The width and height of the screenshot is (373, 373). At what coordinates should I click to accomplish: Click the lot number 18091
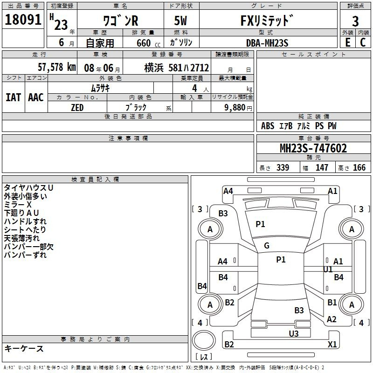point(23,20)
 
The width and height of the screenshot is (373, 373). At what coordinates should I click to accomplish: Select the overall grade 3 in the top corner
point(355,21)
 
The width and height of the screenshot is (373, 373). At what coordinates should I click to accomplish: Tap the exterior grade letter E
point(348,42)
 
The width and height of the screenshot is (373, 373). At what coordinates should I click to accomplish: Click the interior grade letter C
point(363,42)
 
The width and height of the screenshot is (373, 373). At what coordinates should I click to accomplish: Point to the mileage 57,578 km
point(57,67)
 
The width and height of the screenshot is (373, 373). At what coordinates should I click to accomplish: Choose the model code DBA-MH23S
point(267,43)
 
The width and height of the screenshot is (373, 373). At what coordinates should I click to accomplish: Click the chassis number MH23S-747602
point(313,148)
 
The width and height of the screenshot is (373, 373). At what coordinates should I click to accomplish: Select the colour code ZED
point(77,108)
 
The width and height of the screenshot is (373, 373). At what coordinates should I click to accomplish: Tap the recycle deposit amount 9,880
point(235,108)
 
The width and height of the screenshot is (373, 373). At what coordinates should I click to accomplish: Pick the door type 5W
point(180,21)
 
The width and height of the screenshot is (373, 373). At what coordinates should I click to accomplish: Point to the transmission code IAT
point(13,97)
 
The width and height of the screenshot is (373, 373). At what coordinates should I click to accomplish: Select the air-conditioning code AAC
point(36,97)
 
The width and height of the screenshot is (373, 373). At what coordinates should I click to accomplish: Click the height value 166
point(359,167)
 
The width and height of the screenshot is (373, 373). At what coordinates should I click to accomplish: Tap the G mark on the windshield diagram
point(267,246)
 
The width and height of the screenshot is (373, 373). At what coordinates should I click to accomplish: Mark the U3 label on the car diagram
point(294,333)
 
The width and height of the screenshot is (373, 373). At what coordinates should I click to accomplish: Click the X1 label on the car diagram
point(332,344)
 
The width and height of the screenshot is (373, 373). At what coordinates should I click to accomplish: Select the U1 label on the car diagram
point(328,269)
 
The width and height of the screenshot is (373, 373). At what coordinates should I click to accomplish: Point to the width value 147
point(322,167)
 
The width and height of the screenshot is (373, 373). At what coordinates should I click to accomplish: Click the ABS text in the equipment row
point(268,126)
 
